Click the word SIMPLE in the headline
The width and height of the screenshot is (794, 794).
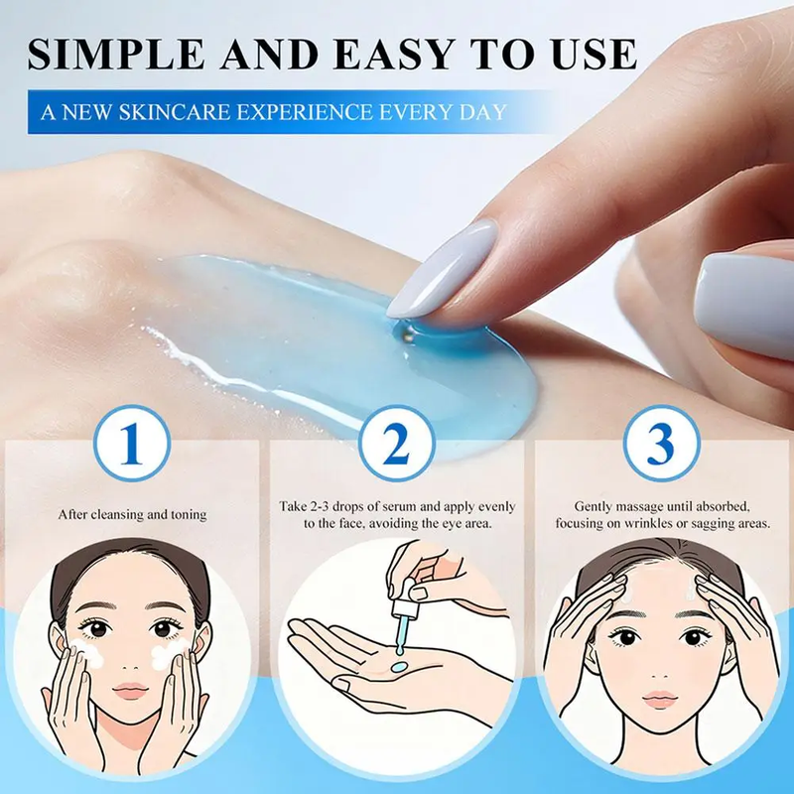(116, 54)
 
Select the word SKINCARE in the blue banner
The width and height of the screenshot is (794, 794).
(175, 112)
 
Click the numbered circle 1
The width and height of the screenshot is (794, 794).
(132, 443)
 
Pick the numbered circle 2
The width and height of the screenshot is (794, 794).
(396, 443)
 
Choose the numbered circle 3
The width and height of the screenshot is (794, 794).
(661, 443)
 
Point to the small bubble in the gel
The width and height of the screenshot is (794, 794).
(409, 332)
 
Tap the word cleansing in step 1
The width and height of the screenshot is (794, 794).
(116, 515)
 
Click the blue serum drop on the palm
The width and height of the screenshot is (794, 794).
(399, 666)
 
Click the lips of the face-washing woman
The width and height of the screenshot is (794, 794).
(130, 691)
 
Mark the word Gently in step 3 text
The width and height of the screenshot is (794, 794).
(591, 507)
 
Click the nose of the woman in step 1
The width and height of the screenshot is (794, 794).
(130, 662)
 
